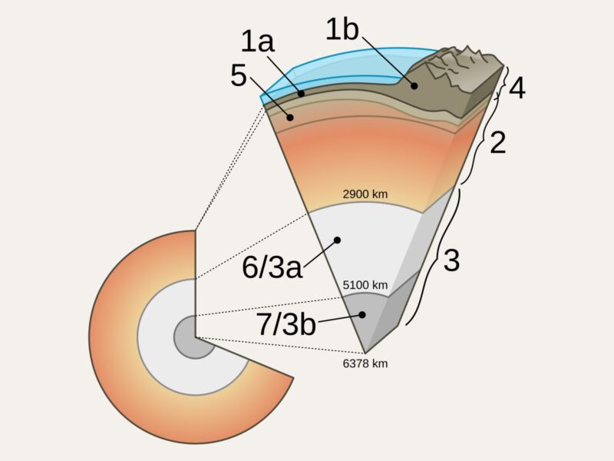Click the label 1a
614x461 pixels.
click(x=257, y=41)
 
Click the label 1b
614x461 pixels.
click(x=342, y=29)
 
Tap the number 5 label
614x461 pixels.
click(x=239, y=75)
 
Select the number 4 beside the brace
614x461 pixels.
click(x=517, y=88)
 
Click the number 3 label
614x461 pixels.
click(x=451, y=260)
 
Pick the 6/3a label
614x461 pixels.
click(x=272, y=267)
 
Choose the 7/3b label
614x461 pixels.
click(x=286, y=324)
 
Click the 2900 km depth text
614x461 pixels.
click(x=365, y=194)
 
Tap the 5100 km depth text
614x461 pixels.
click(x=365, y=285)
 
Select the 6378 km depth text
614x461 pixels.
click(x=365, y=363)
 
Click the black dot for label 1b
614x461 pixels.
click(x=414, y=85)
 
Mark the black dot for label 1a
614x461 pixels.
click(x=301, y=94)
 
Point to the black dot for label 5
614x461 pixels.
click(x=290, y=118)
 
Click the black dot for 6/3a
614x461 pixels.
click(x=337, y=240)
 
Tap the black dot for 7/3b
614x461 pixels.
click(x=362, y=314)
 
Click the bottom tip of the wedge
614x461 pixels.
click(x=365, y=353)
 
